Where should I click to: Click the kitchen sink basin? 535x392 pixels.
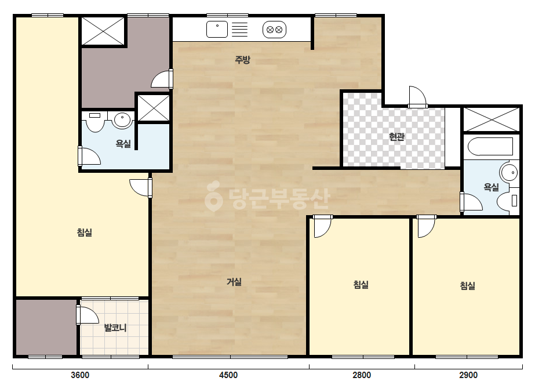click(217, 29)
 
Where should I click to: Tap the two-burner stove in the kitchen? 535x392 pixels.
click(274, 30)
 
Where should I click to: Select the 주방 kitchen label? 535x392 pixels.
click(243, 60)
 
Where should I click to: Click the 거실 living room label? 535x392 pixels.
click(234, 282)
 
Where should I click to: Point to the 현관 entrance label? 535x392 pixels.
click(397, 137)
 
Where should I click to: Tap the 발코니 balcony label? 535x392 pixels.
click(115, 328)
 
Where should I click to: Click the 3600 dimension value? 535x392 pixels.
click(80, 375)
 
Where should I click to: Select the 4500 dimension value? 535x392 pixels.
click(228, 375)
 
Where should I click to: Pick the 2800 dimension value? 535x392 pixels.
click(362, 375)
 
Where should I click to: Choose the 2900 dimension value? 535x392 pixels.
click(468, 375)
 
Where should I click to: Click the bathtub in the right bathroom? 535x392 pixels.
click(490, 147)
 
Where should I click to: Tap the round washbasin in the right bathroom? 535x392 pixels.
click(509, 172)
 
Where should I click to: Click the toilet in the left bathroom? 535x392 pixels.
click(95, 122)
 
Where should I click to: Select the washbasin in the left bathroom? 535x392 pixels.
click(122, 120)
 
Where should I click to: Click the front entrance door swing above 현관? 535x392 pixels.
click(418, 96)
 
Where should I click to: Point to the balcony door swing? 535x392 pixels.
click(88, 315)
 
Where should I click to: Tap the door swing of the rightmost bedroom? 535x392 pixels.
click(426, 226)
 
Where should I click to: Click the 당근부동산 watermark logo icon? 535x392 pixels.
click(213, 196)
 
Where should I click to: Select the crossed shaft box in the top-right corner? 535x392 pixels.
click(492, 119)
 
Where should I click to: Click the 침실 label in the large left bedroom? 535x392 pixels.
click(85, 233)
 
